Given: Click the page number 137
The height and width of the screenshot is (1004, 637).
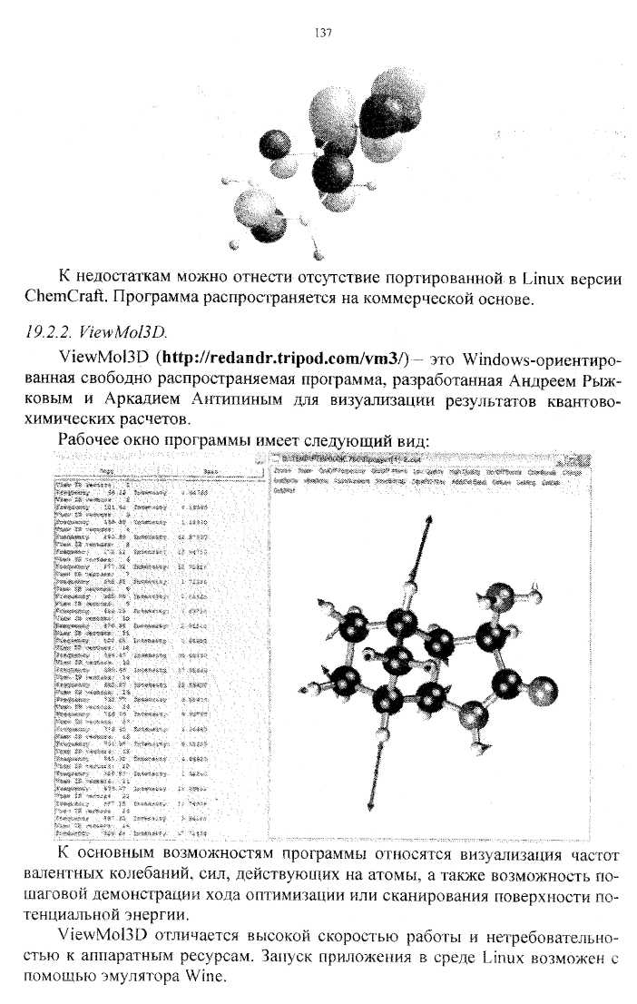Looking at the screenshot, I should (x=322, y=34).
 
